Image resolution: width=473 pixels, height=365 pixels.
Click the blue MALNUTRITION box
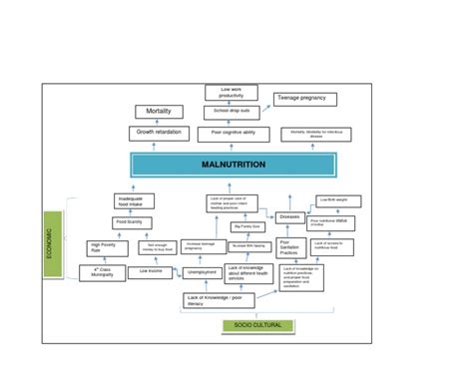click(x=233, y=163)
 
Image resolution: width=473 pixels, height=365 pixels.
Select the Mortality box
click(x=158, y=112)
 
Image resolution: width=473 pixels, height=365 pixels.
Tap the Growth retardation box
click(x=158, y=133)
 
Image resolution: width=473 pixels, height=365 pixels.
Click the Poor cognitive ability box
click(x=233, y=133)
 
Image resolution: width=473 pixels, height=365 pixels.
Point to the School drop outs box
click(x=232, y=111)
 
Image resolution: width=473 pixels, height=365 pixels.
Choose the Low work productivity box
click(x=232, y=93)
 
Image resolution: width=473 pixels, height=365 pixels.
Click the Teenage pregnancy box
click(x=305, y=99)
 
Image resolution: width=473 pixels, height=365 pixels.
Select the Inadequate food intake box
click(x=135, y=201)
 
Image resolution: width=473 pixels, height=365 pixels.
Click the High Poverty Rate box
click(x=104, y=246)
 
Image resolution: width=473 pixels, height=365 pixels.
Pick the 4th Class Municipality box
click(x=103, y=271)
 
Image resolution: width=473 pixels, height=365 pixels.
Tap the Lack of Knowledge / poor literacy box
click(x=219, y=300)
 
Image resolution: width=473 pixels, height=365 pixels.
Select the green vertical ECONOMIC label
click(x=51, y=244)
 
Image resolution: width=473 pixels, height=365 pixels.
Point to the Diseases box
click(x=290, y=216)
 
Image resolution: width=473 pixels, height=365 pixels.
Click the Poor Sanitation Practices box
click(x=290, y=247)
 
